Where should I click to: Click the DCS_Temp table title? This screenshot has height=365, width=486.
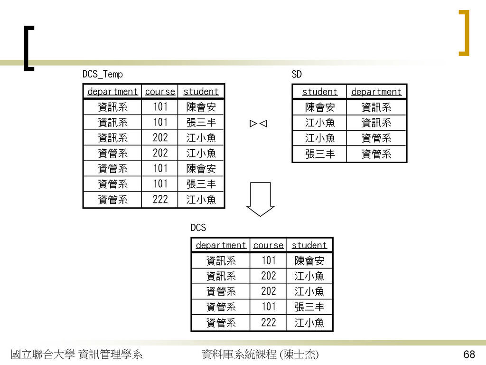103,74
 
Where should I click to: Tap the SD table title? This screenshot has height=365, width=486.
297,74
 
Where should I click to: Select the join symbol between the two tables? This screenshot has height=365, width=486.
259,124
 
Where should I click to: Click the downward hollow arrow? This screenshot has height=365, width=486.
261,199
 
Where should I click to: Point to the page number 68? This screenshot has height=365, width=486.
469,354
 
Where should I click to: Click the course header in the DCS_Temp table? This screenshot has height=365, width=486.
160,92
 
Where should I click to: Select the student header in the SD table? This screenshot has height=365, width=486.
319,92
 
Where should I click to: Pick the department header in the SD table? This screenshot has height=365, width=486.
376,92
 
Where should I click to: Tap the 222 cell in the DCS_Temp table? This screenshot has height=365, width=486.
160,199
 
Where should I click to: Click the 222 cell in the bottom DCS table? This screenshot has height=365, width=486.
269,323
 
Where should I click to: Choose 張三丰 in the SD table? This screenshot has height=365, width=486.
320,154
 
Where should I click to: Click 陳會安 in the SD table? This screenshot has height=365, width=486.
320,107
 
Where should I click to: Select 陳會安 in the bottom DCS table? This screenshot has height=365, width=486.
309,261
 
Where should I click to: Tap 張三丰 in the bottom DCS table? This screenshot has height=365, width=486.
309,307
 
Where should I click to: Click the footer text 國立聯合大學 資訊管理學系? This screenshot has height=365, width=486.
76,354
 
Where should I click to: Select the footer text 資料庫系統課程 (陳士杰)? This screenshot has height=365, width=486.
260,354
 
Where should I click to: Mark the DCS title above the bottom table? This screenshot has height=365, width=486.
198,228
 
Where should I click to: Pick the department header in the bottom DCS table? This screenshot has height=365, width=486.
221,245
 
